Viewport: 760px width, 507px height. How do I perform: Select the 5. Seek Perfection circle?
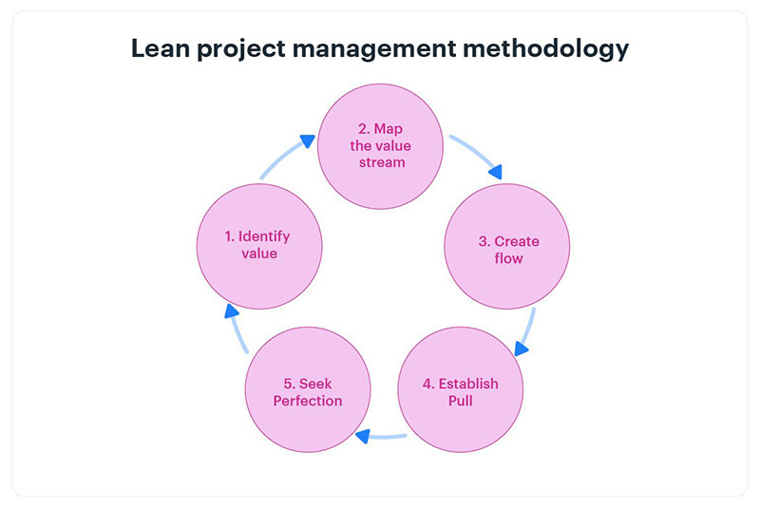[308, 392]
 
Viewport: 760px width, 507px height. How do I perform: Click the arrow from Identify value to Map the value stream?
[285, 156]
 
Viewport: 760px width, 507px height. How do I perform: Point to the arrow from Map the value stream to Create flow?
[477, 156]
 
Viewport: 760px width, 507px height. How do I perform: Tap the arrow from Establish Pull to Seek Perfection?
[382, 437]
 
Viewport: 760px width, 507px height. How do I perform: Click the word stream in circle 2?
[381, 162]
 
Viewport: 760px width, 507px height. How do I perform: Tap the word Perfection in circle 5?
[308, 401]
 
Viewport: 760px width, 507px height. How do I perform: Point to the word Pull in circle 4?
[460, 401]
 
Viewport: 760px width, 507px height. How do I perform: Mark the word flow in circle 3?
[508, 258]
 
